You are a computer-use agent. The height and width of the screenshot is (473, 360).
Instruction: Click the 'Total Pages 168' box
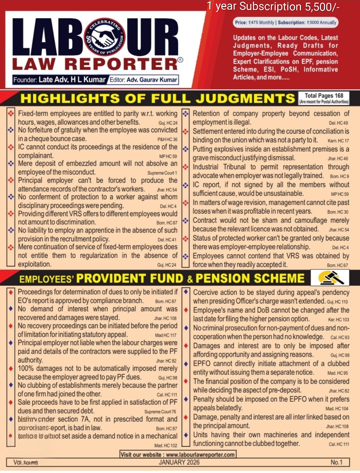(x=324, y=98)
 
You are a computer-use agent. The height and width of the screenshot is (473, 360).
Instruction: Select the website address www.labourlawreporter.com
(x=200, y=455)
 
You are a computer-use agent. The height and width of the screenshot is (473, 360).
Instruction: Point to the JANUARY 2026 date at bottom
(x=179, y=462)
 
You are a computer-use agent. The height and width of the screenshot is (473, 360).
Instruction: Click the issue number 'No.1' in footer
(x=336, y=462)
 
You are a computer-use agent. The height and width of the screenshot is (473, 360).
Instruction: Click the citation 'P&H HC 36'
(x=167, y=139)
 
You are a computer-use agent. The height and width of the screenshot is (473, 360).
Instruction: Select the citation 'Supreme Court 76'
(x=160, y=412)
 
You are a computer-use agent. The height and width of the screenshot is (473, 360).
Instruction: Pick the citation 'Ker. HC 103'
(x=338, y=319)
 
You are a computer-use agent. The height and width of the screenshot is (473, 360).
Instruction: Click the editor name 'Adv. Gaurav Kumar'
(x=152, y=80)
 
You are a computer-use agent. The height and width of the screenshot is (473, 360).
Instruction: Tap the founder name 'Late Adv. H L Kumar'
(x=72, y=80)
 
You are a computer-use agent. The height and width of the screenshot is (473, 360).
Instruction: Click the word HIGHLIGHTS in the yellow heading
(x=70, y=99)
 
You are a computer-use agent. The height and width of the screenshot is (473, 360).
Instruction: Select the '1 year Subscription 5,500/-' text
(x=273, y=6)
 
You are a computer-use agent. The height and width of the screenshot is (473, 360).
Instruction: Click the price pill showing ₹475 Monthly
(x=255, y=23)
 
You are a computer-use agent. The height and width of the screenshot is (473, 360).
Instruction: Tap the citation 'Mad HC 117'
(x=166, y=335)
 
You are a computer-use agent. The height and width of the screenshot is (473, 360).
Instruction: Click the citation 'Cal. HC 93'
(x=340, y=337)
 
